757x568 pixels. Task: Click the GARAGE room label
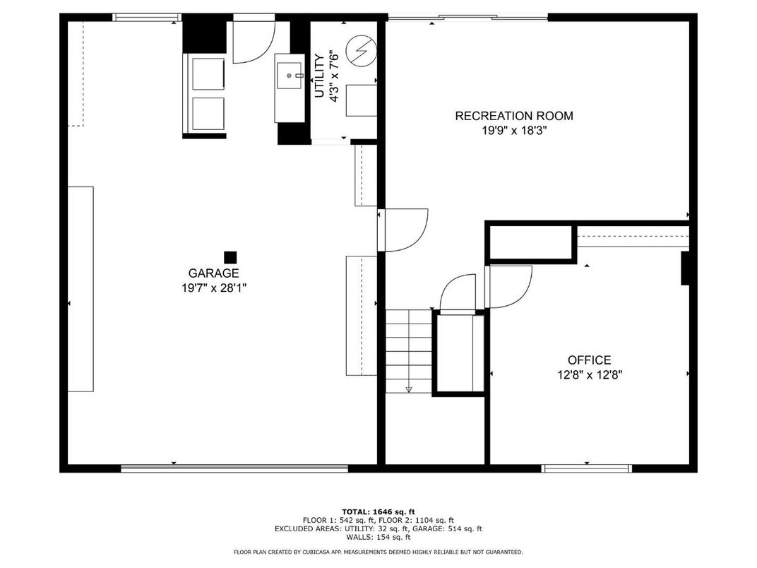point(213,273)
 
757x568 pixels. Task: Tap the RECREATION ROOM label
point(514,116)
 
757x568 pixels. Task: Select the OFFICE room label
point(590,360)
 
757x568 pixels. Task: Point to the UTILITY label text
point(320,76)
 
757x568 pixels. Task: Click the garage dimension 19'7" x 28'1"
point(214,288)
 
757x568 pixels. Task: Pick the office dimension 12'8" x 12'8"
point(590,375)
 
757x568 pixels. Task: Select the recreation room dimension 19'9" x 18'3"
point(514,131)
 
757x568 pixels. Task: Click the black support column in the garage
point(230,257)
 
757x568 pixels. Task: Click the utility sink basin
point(290,76)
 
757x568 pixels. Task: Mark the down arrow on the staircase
point(409,389)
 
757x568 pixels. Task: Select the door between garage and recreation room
point(404,230)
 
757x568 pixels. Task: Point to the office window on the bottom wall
point(587,468)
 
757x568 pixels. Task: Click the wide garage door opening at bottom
point(234,468)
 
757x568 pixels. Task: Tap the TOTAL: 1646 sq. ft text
point(378,512)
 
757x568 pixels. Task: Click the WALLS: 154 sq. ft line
point(378,537)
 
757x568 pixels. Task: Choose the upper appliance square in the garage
point(208,73)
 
